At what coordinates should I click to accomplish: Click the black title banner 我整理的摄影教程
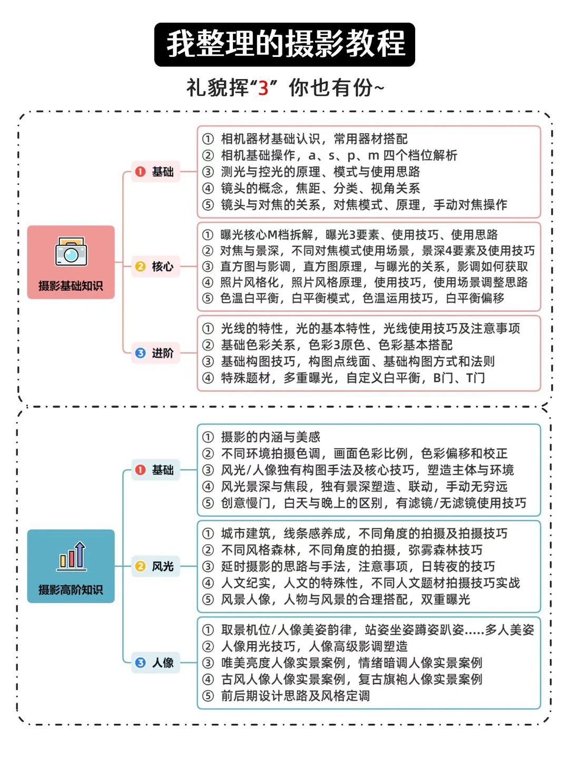coord(284,44)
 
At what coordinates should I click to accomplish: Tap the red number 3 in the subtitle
coord(263,88)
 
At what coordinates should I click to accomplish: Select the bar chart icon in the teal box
coord(72,556)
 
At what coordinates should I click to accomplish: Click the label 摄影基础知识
coord(71,286)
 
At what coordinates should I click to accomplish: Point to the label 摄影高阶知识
coord(71,590)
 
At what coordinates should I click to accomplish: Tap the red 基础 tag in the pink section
coord(155,172)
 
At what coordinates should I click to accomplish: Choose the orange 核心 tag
coord(155,267)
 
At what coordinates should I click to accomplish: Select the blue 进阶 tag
coord(155,353)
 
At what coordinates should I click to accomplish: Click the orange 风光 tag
coord(155,566)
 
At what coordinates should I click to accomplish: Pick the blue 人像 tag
coord(155,663)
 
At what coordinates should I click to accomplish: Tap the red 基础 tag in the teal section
coord(155,470)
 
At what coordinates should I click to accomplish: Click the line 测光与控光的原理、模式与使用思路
coord(320,172)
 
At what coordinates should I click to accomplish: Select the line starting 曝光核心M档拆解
coord(358,234)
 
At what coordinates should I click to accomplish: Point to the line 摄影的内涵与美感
coord(270,437)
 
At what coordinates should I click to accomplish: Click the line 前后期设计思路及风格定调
coord(295,696)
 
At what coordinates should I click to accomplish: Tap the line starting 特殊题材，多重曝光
coord(352,378)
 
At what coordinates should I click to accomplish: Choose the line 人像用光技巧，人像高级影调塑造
coord(314,646)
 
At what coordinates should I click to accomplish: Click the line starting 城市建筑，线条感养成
coord(364,534)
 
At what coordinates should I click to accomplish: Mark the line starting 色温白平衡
coord(361,298)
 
